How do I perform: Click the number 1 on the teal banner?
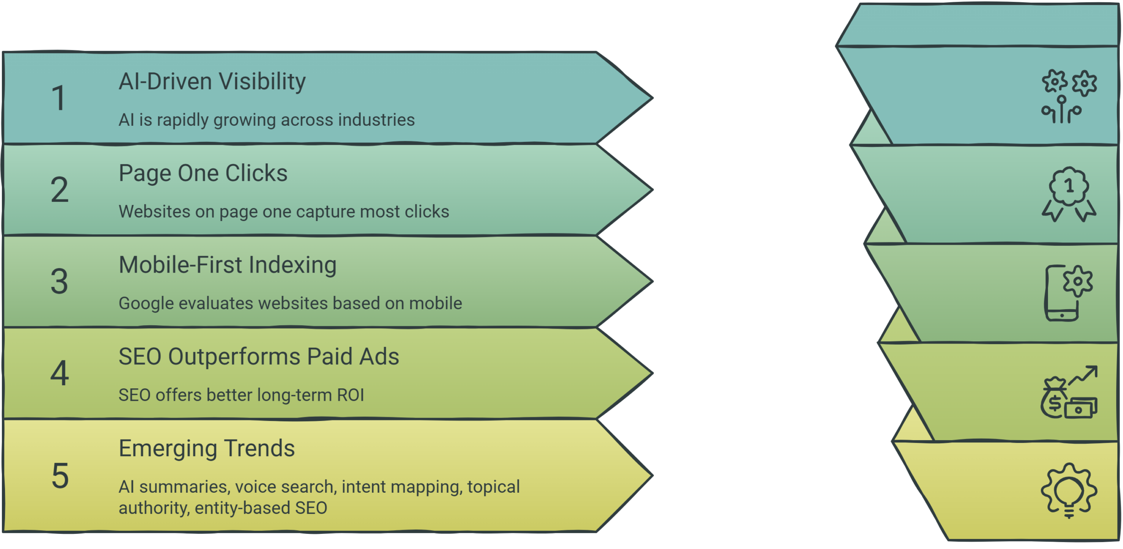(x=59, y=98)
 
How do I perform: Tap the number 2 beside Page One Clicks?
(x=60, y=189)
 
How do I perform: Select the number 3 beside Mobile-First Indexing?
(x=60, y=281)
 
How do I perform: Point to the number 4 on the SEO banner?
(x=60, y=373)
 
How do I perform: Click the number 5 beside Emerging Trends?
(x=60, y=476)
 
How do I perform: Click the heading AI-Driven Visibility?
(x=212, y=82)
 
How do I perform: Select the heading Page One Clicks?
(x=203, y=174)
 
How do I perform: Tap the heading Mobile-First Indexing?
(x=228, y=265)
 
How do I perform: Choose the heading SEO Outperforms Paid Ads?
(x=259, y=357)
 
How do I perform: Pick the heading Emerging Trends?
(x=206, y=449)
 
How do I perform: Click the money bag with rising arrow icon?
(x=1069, y=392)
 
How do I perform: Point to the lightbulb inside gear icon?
(x=1069, y=491)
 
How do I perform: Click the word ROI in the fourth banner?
(x=350, y=395)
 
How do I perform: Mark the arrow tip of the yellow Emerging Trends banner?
(x=652, y=476)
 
